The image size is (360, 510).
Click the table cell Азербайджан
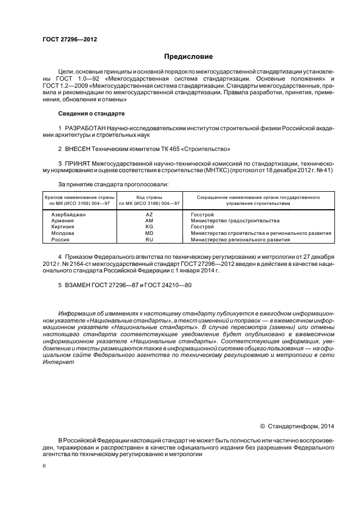click(x=69, y=215)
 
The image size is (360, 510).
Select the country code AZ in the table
click(x=149, y=215)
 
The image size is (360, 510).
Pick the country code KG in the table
click(x=149, y=227)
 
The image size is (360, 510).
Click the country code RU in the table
click(x=149, y=239)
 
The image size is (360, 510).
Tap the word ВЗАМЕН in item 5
click(x=79, y=285)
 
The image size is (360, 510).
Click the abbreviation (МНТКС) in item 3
click(x=218, y=170)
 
